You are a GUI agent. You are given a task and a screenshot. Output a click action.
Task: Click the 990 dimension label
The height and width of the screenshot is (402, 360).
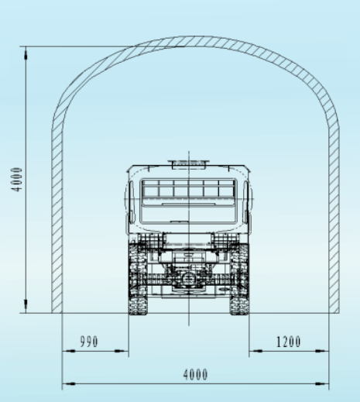[89, 342]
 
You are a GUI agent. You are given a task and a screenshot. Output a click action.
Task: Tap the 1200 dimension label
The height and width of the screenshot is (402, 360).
[289, 342]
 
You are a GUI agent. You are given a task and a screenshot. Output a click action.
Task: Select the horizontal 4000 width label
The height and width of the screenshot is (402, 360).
[195, 375]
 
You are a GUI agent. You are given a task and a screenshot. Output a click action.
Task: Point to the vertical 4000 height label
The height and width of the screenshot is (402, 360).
[17, 180]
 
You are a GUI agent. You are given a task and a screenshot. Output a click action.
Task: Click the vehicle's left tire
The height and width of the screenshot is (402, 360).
[138, 279]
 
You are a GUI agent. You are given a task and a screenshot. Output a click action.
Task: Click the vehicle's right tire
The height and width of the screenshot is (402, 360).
[239, 279]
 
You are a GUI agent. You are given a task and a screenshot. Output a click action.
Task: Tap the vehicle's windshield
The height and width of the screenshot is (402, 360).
[188, 201]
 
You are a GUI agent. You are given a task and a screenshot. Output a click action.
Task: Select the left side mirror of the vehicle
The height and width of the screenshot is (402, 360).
[132, 202]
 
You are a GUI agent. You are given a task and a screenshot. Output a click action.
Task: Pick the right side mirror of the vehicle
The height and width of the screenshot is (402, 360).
[246, 202]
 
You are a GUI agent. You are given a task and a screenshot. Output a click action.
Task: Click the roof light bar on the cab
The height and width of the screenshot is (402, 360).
[189, 163]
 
